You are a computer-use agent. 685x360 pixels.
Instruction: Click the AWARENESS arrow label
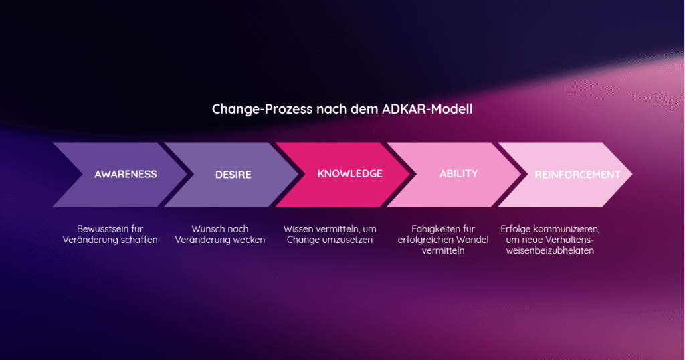tap(126, 174)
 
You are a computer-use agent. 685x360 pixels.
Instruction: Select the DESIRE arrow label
tap(233, 175)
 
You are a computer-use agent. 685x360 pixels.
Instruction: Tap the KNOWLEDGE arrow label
tap(350, 173)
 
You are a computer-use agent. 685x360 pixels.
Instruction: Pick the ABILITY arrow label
tap(459, 173)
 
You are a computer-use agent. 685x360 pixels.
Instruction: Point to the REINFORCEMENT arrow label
tap(577, 175)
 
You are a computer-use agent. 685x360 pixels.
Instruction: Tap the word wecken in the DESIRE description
tap(250, 240)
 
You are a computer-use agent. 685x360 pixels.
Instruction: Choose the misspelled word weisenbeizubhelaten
tap(548, 251)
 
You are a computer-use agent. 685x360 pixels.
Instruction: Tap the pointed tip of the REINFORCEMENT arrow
tap(631, 175)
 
